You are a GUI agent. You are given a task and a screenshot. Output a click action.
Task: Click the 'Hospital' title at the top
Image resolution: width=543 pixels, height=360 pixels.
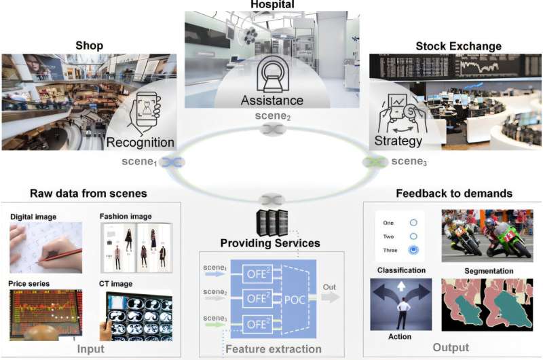272,5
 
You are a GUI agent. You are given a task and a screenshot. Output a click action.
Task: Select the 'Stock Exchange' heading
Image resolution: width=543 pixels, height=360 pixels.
458,46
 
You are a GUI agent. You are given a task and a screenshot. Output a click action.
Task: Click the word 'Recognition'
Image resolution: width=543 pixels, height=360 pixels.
140,143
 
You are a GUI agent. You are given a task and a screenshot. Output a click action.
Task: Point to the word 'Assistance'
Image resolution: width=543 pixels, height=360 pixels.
272,100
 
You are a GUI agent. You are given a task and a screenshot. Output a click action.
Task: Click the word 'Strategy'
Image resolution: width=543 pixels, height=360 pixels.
398,141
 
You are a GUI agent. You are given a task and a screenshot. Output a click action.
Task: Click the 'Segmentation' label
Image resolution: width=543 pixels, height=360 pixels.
487,270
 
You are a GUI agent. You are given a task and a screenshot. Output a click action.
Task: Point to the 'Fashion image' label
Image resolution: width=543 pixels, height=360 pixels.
126,217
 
